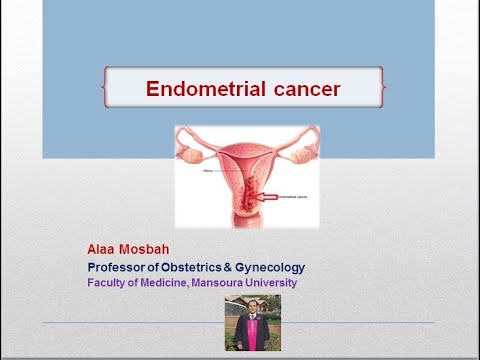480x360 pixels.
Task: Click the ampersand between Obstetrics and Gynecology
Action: coord(253,267)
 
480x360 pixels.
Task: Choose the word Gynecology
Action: coord(297,267)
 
